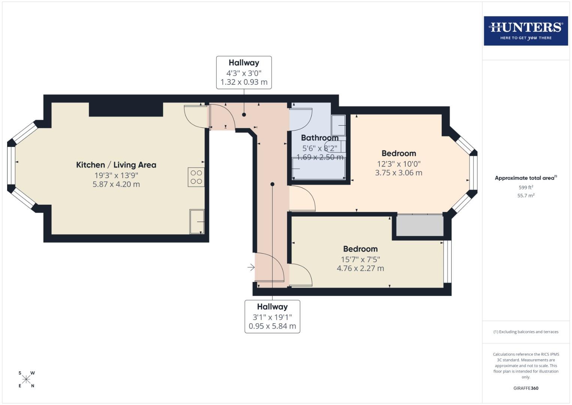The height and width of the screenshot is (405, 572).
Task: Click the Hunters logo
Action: point(526,31)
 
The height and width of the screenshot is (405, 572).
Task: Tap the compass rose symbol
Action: point(26,379)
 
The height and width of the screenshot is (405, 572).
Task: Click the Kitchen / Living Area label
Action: point(116,165)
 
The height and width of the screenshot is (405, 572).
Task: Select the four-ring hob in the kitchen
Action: point(196,177)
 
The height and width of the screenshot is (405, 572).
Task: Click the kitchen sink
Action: point(197,222)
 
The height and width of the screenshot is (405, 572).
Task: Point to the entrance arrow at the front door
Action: point(251,267)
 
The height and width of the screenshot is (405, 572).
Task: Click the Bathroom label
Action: point(320,138)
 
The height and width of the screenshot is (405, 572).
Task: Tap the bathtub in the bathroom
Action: point(319,169)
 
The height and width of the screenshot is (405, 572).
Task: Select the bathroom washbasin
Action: point(338,125)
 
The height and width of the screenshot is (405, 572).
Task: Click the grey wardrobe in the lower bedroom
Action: point(420,225)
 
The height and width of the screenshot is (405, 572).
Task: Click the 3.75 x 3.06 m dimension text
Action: point(399,173)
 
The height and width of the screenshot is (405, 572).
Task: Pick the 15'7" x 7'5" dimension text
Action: point(360,259)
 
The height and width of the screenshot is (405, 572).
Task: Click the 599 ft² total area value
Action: point(526,187)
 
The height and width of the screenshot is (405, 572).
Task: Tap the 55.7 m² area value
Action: point(526,196)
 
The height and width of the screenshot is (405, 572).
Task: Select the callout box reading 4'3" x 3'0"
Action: point(244,73)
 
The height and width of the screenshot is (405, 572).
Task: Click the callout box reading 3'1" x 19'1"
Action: point(272,316)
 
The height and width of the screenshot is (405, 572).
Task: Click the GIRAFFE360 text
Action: point(526,388)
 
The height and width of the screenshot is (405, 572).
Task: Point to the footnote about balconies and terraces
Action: point(526,332)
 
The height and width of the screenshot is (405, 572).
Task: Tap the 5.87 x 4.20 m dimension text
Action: point(116,184)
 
